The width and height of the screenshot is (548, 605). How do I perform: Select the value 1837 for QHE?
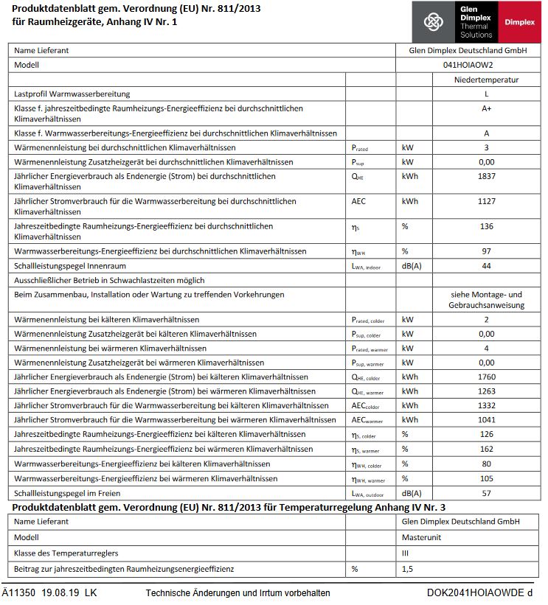point(486,176)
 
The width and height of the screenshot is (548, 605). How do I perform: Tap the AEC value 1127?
point(486,201)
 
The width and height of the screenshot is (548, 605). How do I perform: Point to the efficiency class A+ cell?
point(486,108)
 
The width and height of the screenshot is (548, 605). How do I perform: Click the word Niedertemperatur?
point(486,80)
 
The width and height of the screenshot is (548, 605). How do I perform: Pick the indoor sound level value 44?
point(486,265)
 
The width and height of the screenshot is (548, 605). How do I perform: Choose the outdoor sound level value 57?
point(486,493)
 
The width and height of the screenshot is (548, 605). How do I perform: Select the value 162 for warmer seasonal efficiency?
point(486,449)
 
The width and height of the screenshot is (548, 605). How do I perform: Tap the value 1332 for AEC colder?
point(486,405)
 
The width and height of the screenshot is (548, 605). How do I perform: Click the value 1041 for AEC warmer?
point(486,420)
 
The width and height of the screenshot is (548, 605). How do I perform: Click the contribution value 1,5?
point(408,569)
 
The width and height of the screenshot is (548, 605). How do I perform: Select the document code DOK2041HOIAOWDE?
point(475,593)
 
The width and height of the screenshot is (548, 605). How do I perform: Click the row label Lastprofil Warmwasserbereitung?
point(72,94)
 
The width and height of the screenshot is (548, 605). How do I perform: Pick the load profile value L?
point(486,94)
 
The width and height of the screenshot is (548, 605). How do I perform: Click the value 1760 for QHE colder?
point(486,377)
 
